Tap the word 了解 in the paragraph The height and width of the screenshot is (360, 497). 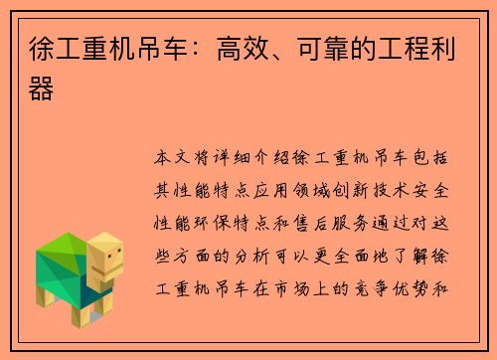418,239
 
